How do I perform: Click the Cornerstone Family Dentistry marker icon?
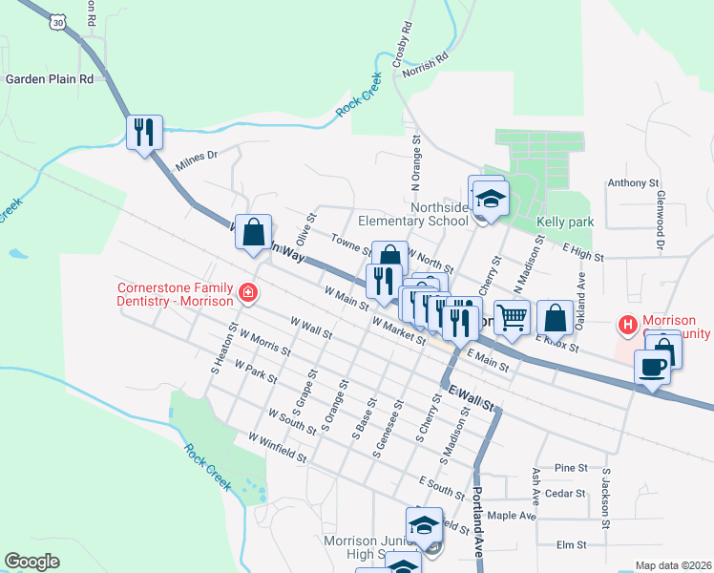pyautogui.click(x=248, y=292)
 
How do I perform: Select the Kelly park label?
pyautogui.click(x=565, y=223)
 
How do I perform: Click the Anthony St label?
pyautogui.click(x=633, y=182)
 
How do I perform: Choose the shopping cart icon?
pyautogui.click(x=513, y=317)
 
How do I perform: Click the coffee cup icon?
pyautogui.click(x=652, y=367)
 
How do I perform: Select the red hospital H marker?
pyautogui.click(x=627, y=326)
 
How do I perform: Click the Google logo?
pyautogui.click(x=32, y=561)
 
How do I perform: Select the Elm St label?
pyautogui.click(x=570, y=544)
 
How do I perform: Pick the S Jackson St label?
pyautogui.click(x=604, y=497)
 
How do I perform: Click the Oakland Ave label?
pyautogui.click(x=578, y=285)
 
